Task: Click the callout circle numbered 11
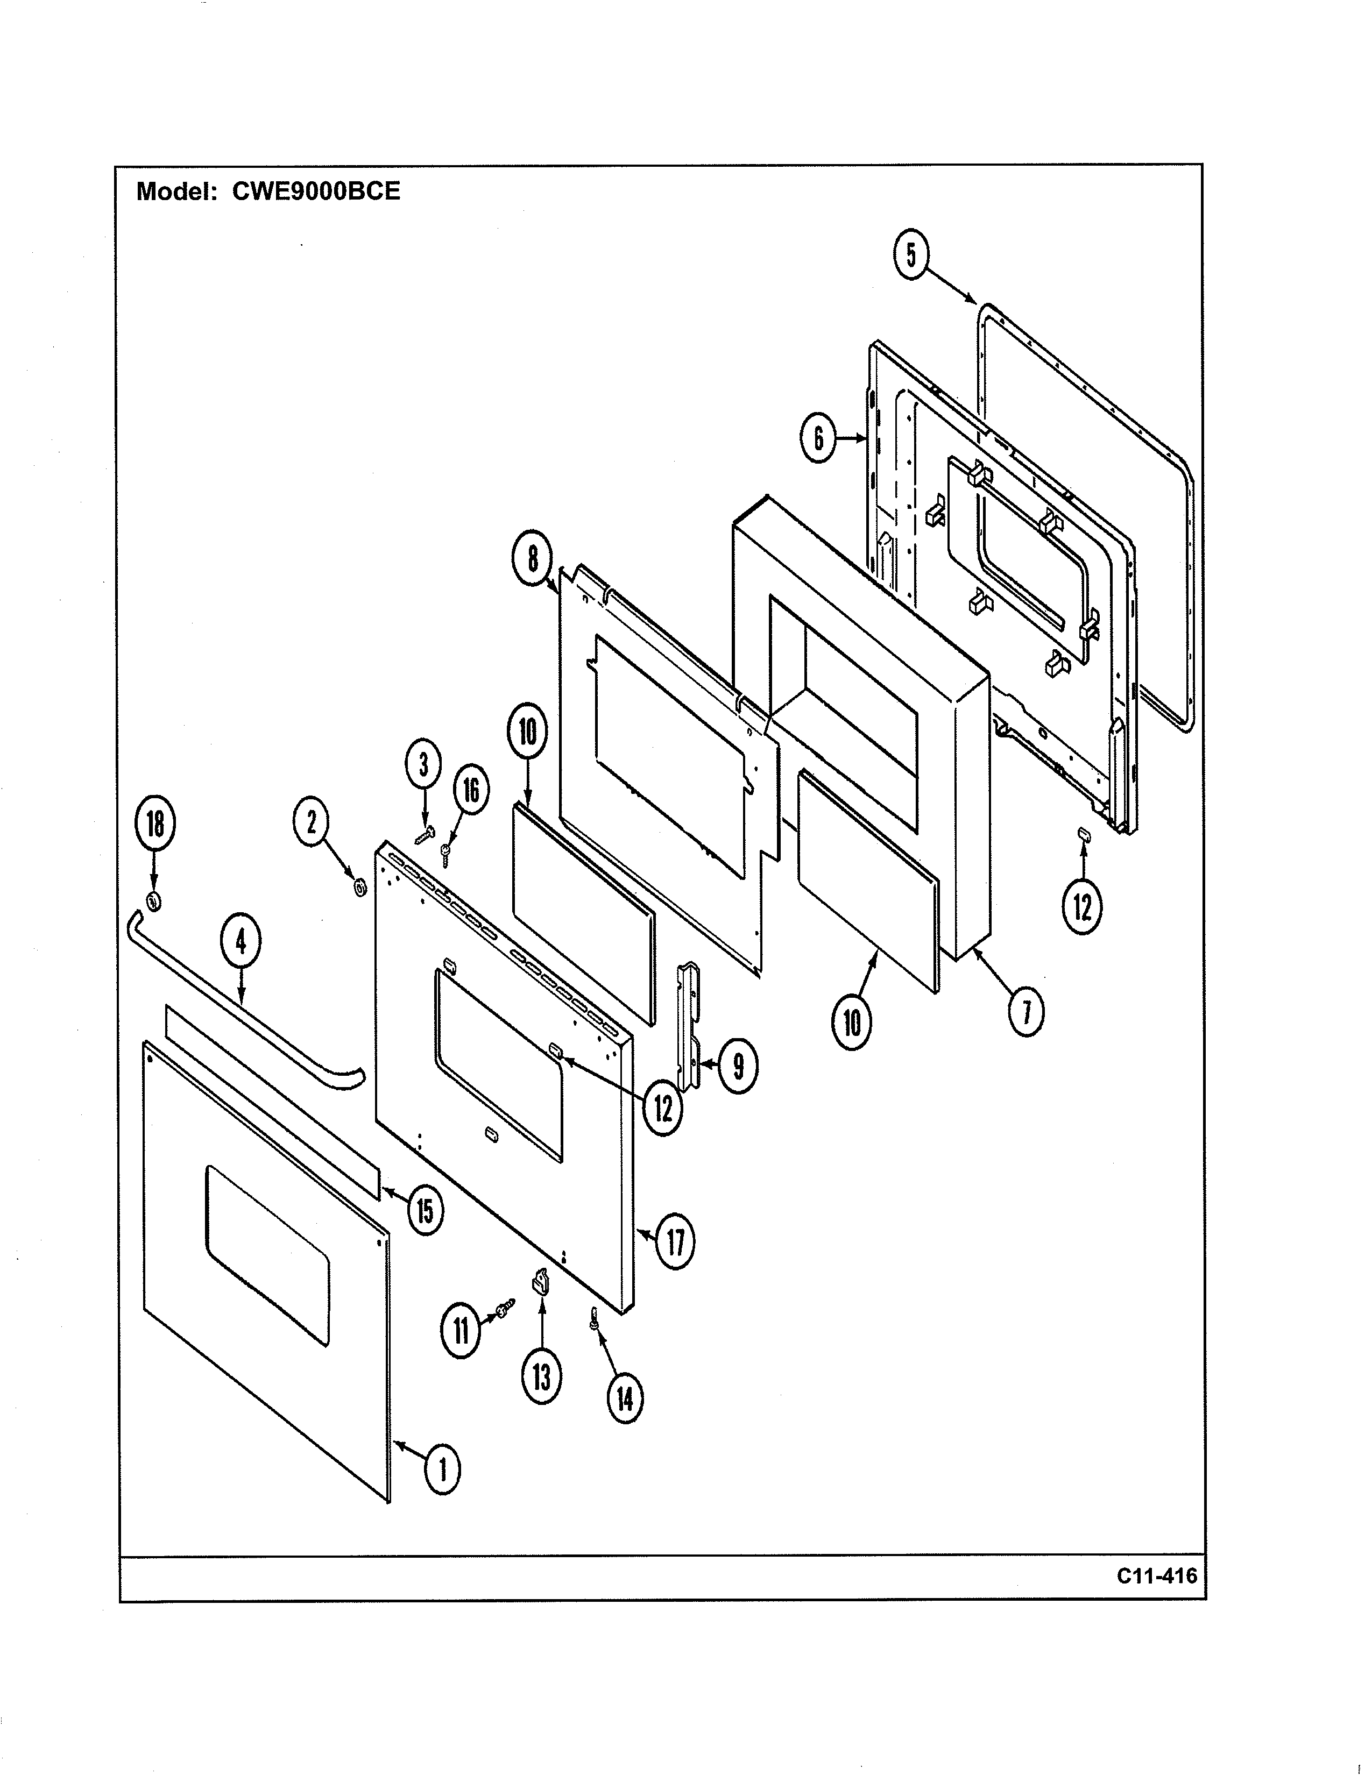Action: click(461, 1331)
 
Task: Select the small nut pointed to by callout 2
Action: click(358, 886)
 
